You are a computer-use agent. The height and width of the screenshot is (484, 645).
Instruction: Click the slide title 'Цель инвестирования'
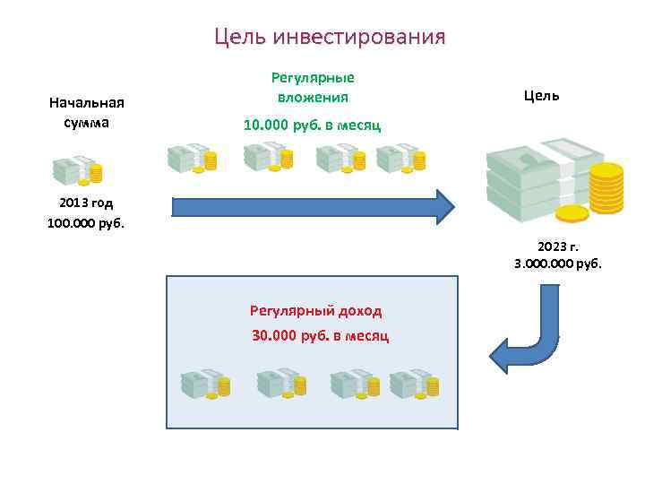point(330,38)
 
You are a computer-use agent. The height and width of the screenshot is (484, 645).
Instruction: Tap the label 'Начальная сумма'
point(86,113)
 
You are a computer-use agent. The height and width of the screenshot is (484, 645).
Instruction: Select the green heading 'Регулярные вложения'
point(313,88)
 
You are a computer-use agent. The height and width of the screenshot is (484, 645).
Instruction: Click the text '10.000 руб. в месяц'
point(312,125)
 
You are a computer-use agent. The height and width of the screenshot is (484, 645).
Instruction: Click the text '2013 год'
point(86,203)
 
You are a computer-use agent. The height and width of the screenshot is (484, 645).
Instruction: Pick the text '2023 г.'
point(558,246)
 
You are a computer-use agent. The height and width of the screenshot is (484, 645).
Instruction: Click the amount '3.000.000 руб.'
point(558,264)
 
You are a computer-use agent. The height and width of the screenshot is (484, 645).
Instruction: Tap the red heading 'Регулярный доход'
point(315,311)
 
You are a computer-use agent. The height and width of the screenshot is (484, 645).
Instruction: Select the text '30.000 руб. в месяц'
point(320,335)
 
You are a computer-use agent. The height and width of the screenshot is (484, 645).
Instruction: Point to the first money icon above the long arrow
point(192,158)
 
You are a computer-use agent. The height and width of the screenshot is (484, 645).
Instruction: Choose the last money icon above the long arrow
point(400,158)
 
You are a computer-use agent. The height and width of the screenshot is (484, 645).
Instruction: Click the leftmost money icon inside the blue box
point(205,384)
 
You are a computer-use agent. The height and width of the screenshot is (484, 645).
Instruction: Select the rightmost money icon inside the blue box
point(414,384)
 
